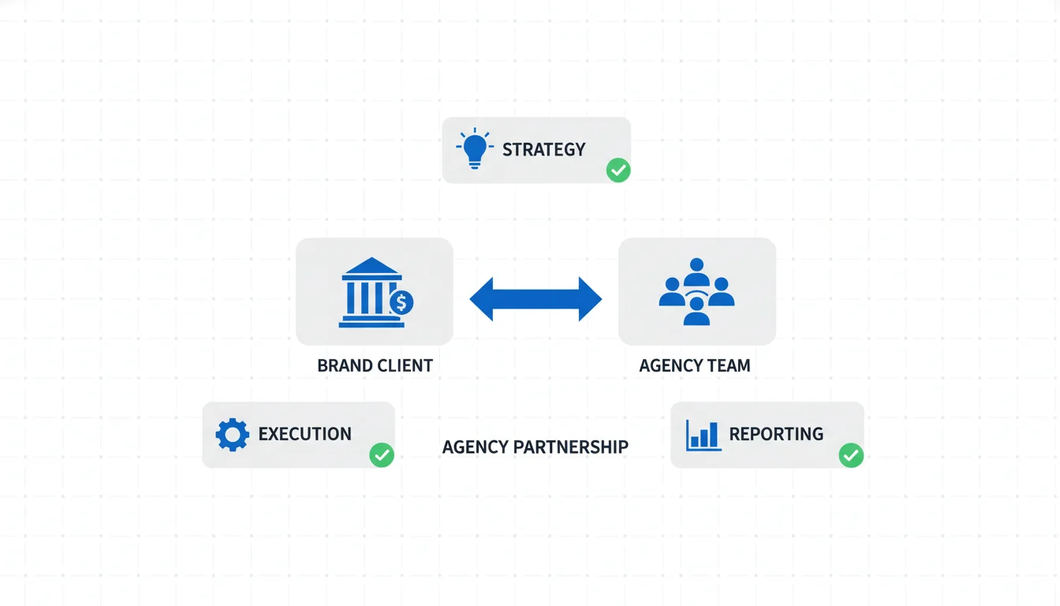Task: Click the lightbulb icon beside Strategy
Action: point(474,149)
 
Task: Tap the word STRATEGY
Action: point(543,149)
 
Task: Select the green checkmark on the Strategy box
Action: point(618,170)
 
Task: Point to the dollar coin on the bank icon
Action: point(401,302)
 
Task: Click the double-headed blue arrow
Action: point(536,299)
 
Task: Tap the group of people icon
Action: point(696,291)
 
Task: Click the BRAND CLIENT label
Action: point(375,366)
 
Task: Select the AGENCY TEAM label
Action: point(695,366)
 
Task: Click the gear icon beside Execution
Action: point(232,435)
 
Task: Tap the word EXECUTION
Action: point(304,434)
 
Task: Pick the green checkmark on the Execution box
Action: point(382,454)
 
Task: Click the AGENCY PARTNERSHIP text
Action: point(535,447)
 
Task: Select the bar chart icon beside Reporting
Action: point(703,435)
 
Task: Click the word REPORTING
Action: point(776,434)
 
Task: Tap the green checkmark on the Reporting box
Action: point(851,454)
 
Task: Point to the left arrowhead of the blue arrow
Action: point(483,299)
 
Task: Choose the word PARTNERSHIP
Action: point(570,447)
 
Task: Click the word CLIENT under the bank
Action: point(405,366)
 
